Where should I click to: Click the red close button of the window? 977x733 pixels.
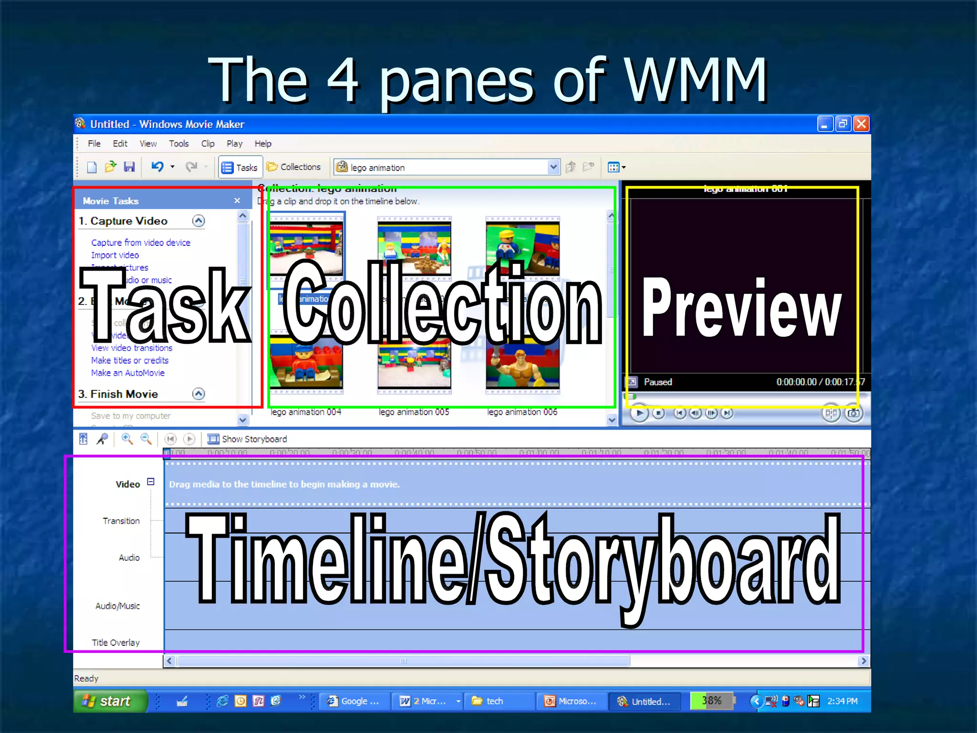tap(861, 124)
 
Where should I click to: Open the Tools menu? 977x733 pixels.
tap(178, 144)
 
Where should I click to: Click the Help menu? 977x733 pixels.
tap(262, 144)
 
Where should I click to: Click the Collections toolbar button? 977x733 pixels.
tap(294, 167)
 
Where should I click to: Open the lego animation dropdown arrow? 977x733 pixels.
tap(553, 167)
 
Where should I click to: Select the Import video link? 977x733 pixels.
tap(115, 255)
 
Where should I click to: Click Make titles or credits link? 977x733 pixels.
tap(130, 360)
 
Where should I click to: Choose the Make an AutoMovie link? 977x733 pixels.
tap(128, 373)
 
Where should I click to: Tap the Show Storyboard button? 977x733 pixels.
tap(248, 439)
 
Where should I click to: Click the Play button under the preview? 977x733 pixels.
tap(639, 413)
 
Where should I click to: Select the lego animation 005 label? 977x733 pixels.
tap(414, 412)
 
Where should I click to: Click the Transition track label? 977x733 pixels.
tap(121, 521)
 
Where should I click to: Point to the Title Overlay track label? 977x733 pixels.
tap(116, 643)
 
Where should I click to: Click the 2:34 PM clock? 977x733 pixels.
tap(842, 701)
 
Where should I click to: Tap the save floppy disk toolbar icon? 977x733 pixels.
tap(129, 167)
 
